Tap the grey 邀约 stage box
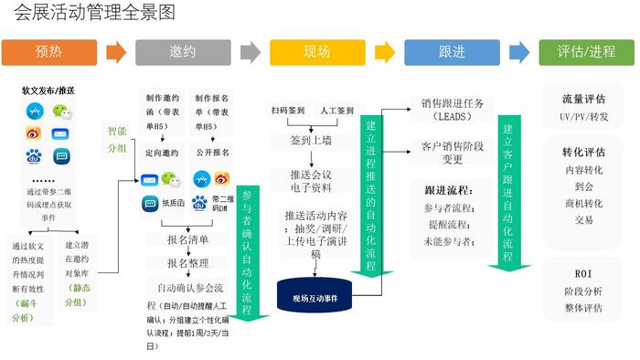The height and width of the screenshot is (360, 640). coord(183,52)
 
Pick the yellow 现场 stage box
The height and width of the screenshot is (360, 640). coord(317,52)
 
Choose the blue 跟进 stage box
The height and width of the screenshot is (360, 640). coord(452,52)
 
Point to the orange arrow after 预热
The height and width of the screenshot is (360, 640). coord(116,52)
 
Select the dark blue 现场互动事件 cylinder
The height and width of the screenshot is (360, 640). coord(315,297)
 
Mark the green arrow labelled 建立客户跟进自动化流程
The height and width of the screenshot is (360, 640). coord(508,192)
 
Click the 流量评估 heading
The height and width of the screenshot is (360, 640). coord(583,100)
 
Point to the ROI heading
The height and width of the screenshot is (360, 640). coord(583,273)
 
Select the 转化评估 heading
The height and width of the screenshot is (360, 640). coord(583,152)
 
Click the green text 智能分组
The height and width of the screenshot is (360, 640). coord(118,139)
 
